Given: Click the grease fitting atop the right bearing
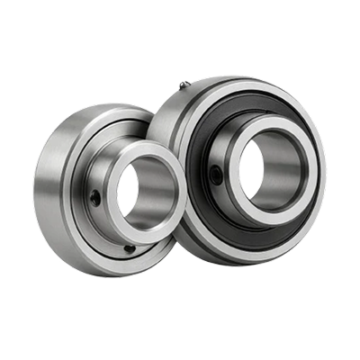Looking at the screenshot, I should click(182, 85).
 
